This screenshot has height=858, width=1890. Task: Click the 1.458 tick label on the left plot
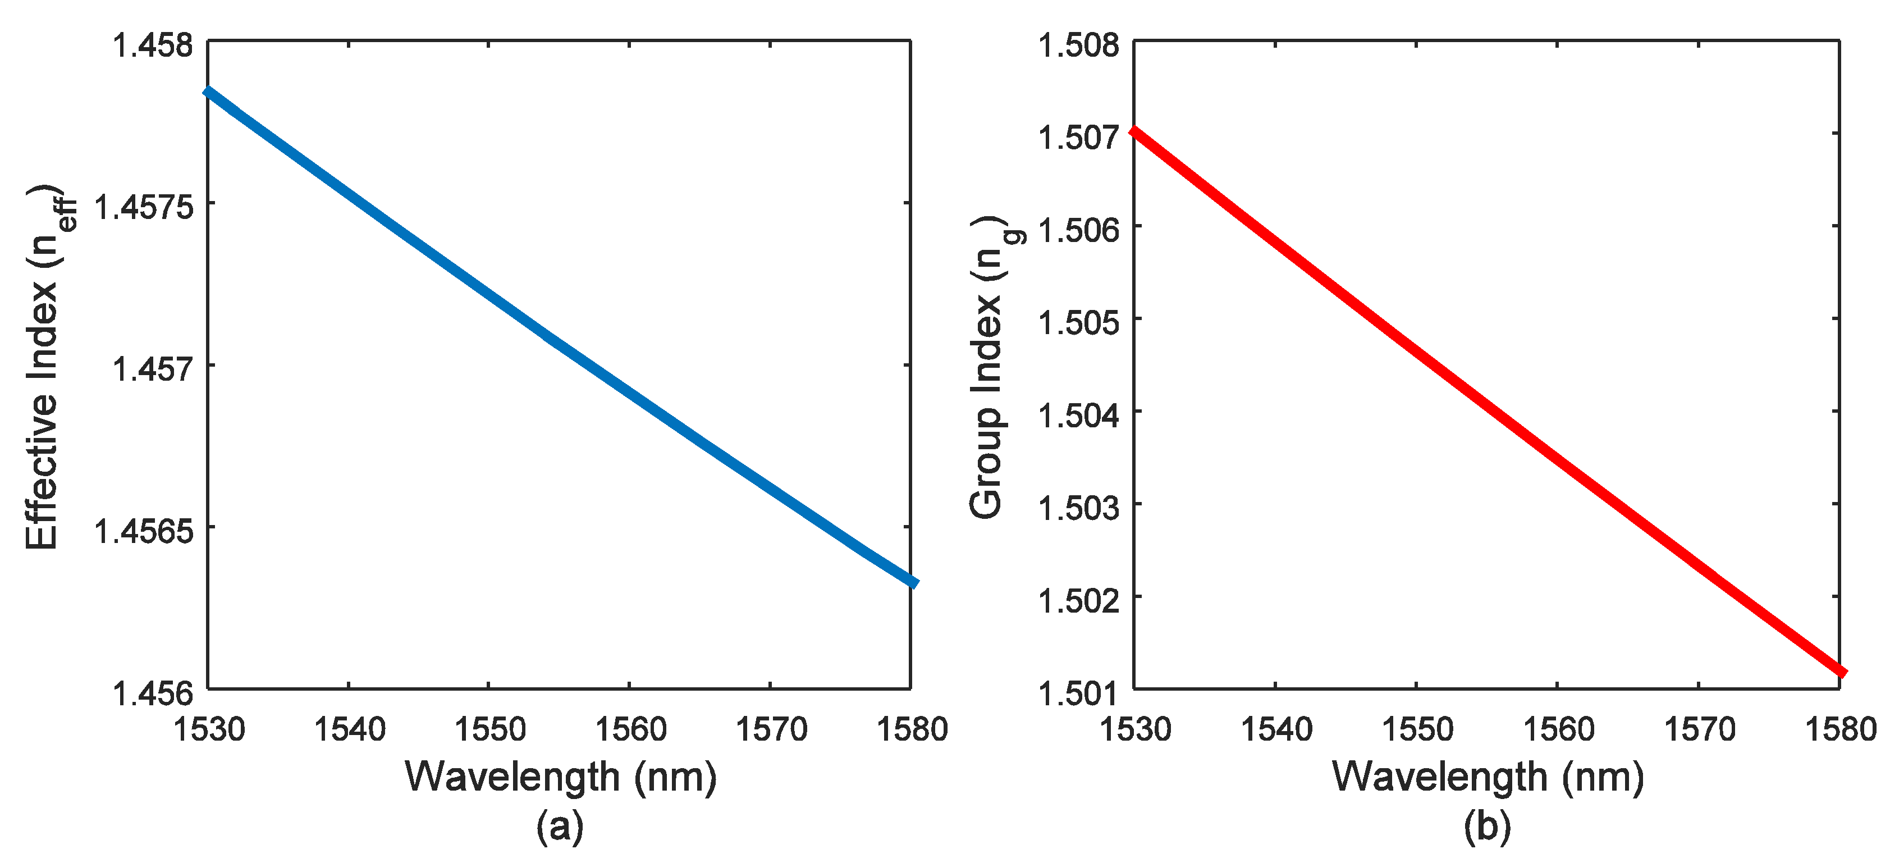(153, 45)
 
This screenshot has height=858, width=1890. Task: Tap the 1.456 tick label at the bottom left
(153, 693)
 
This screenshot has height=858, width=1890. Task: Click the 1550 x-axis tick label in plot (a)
(489, 729)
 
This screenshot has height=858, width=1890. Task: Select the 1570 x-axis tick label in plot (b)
(1699, 729)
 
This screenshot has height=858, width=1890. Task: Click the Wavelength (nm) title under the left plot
(561, 777)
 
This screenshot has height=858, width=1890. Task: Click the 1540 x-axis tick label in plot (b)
(1275, 729)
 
